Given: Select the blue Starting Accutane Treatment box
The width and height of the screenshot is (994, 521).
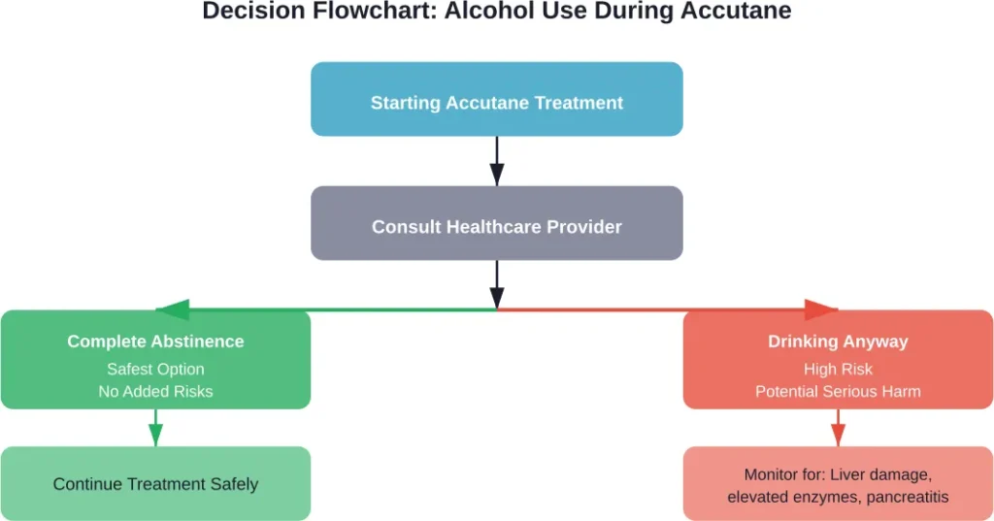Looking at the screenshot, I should (x=496, y=100).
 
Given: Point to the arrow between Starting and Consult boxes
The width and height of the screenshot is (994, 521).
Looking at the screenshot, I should (x=496, y=160).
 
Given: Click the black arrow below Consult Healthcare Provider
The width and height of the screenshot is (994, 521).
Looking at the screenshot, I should (x=496, y=284).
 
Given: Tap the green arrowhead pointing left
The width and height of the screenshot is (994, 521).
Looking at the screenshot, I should (x=173, y=310).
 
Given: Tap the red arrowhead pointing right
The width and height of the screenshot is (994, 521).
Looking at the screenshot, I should (x=821, y=310).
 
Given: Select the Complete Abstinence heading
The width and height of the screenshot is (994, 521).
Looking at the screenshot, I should (x=155, y=342).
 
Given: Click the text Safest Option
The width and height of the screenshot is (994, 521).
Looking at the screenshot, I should (x=155, y=369).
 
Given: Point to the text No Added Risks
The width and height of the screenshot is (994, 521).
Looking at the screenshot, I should (x=155, y=392).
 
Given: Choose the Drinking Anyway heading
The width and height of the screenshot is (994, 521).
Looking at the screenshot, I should (x=838, y=342).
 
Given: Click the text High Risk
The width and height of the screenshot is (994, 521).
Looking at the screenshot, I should (x=838, y=369).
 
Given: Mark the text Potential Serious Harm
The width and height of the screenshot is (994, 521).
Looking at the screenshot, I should (x=838, y=392).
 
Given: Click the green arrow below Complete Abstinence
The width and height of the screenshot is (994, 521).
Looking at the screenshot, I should (x=155, y=428).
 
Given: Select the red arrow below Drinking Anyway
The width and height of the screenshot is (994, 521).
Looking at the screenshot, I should (x=838, y=428).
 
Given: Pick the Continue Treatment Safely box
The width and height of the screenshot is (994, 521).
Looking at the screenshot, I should (x=155, y=483).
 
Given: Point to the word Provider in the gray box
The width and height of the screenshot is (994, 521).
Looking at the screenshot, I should (x=585, y=226).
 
